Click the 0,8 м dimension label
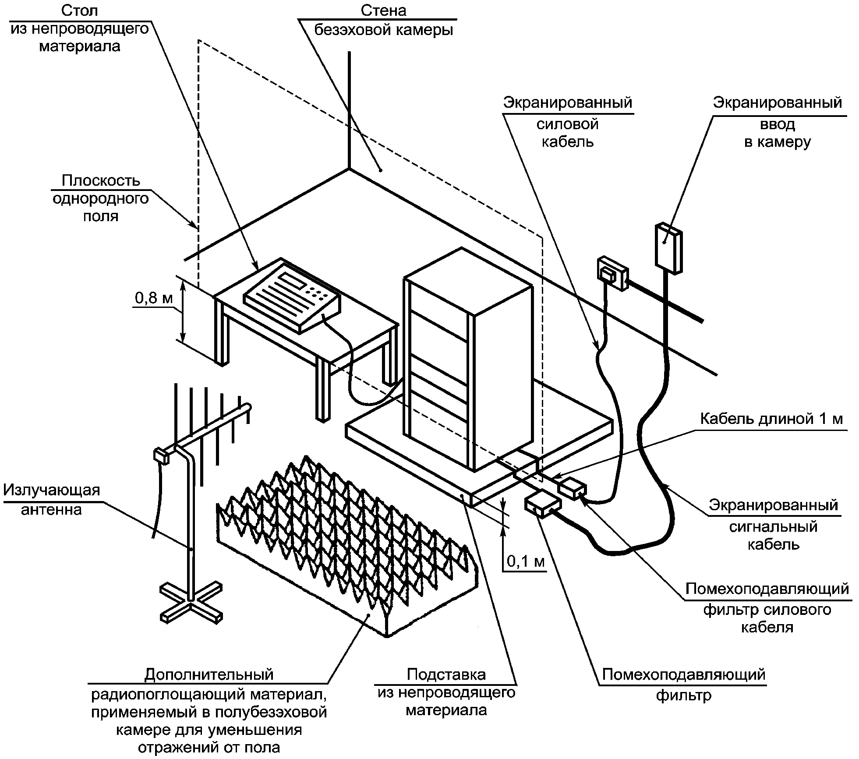(x=154, y=298)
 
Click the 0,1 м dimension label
(x=526, y=561)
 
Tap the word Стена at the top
(x=383, y=11)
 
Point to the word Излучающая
(x=52, y=490)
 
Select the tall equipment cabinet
(x=468, y=359)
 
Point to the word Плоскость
(x=101, y=180)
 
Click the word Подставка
(x=446, y=674)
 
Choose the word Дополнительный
(x=209, y=674)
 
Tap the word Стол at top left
(x=80, y=11)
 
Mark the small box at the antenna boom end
(x=160, y=456)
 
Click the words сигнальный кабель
(x=773, y=535)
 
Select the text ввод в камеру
(x=777, y=133)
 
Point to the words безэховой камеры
(x=383, y=30)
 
